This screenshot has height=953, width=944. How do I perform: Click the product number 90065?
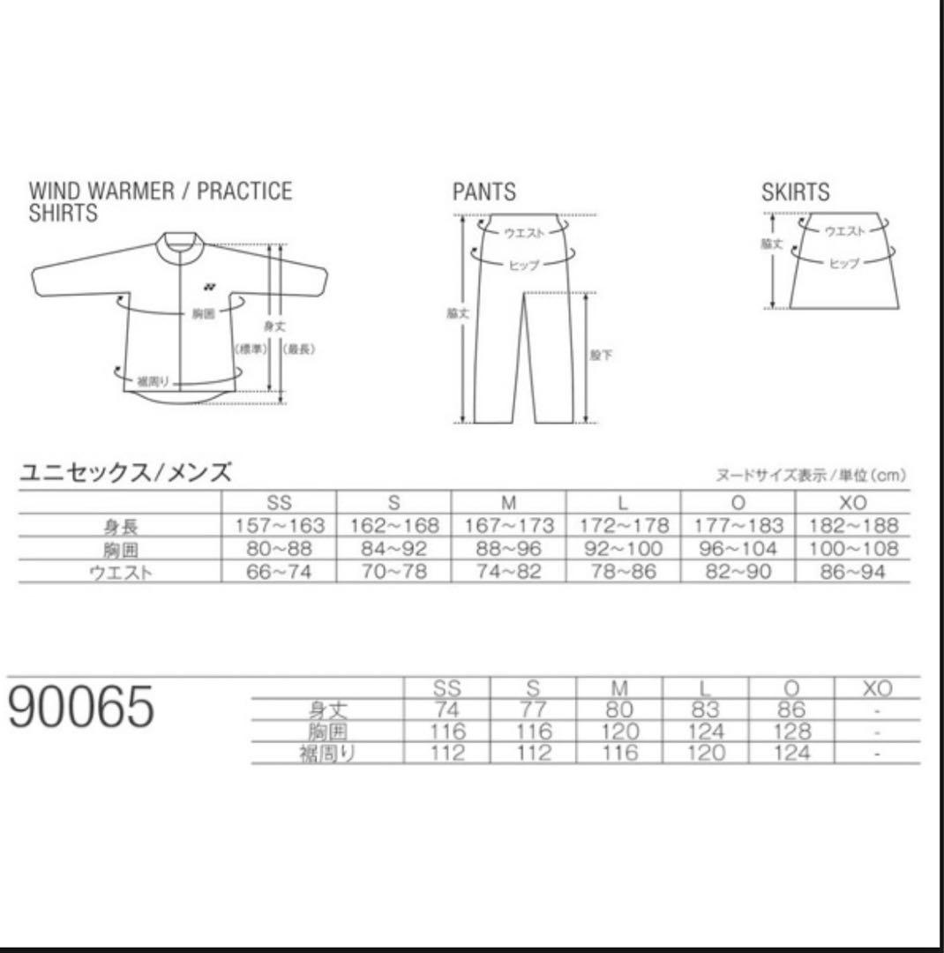pyautogui.click(x=81, y=708)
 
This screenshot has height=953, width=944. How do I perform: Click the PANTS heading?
pyautogui.click(x=484, y=192)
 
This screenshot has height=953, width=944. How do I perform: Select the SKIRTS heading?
pyautogui.click(x=795, y=192)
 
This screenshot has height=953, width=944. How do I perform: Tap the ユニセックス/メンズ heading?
pyautogui.click(x=125, y=474)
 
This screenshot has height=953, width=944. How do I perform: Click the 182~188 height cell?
pyautogui.click(x=853, y=526)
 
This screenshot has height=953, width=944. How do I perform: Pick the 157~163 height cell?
pyautogui.click(x=280, y=526)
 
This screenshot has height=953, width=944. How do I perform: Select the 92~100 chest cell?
pyautogui.click(x=624, y=549)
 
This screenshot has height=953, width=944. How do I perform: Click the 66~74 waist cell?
pyautogui.click(x=280, y=572)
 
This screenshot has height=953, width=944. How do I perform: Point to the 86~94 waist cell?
pyautogui.click(x=853, y=572)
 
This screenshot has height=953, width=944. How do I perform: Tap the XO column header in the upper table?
pyautogui.click(x=853, y=503)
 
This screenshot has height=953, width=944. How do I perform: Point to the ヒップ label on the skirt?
pyautogui.click(x=843, y=263)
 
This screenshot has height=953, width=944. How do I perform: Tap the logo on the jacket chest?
pyautogui.click(x=208, y=286)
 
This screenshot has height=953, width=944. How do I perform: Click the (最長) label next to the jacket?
pyautogui.click(x=300, y=349)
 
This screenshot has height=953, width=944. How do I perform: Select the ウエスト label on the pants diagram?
pyautogui.click(x=524, y=232)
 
